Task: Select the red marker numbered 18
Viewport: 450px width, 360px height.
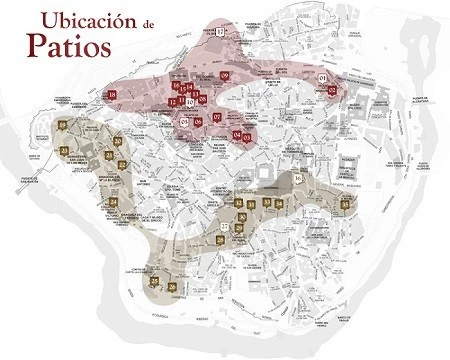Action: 111,95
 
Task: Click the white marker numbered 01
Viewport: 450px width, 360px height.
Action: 322,77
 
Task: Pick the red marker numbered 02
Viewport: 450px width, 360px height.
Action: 333,89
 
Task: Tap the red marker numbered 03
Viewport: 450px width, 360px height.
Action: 247,136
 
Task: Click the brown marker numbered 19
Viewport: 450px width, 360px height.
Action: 62,125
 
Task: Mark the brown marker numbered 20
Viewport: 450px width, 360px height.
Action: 118,142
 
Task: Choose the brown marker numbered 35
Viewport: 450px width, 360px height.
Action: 345,204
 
